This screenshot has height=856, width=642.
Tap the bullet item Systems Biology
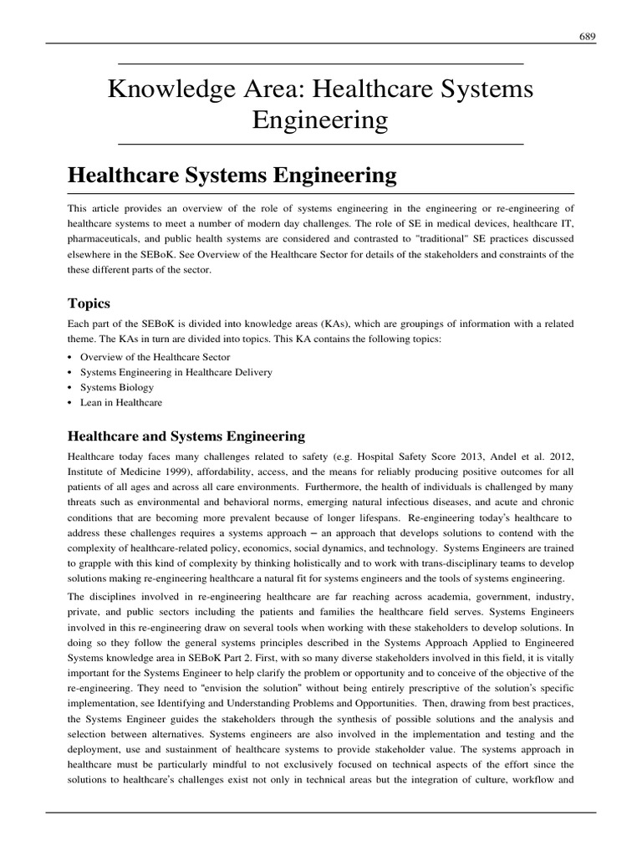pyautogui.click(x=117, y=387)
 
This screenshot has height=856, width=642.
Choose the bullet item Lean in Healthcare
pyautogui.click(x=121, y=402)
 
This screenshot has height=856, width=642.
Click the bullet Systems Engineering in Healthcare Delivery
pyautogui.click(x=176, y=372)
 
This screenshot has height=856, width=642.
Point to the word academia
pyautogui.click(x=423, y=597)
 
